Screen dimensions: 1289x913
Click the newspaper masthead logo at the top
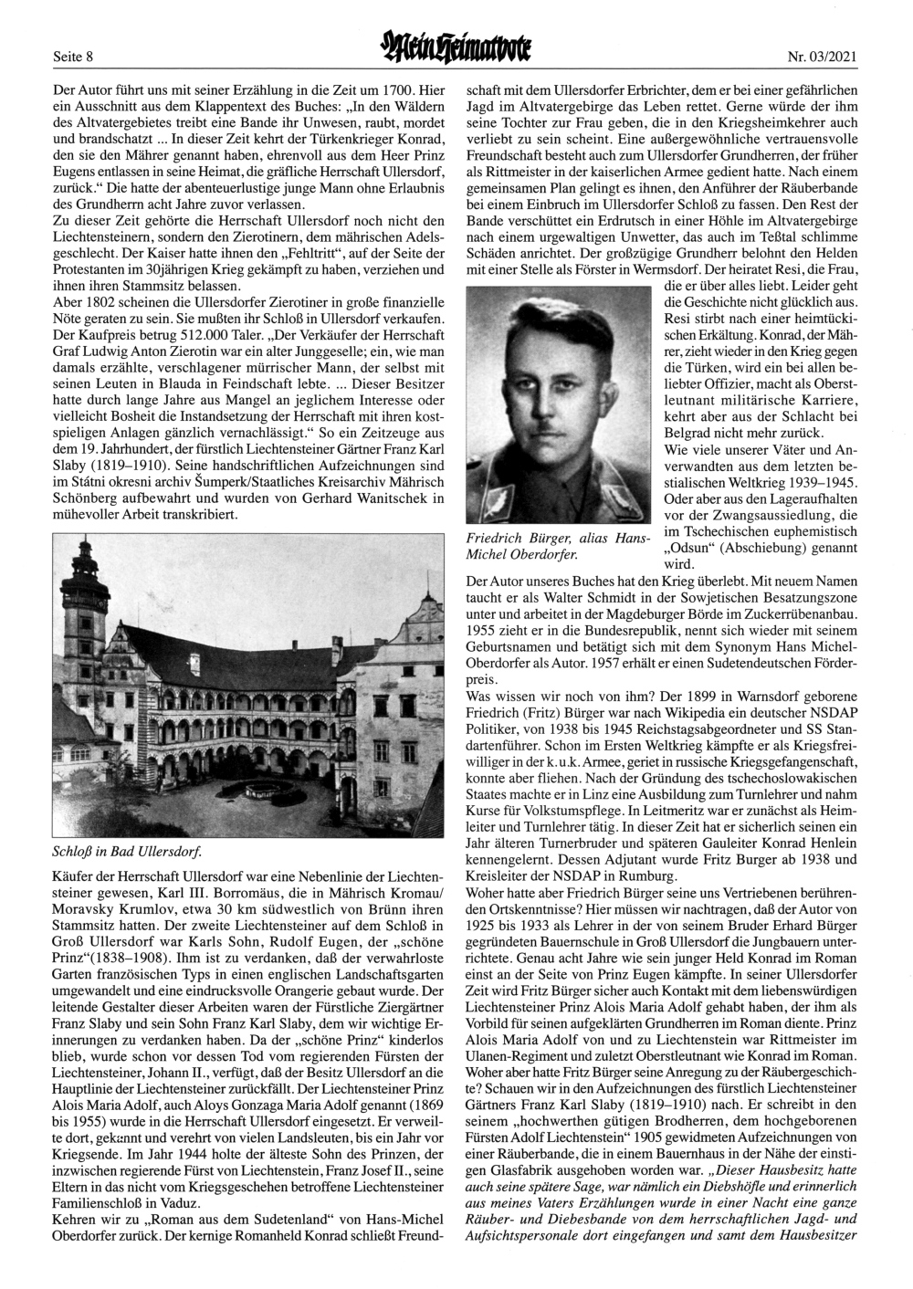coord(456,50)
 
